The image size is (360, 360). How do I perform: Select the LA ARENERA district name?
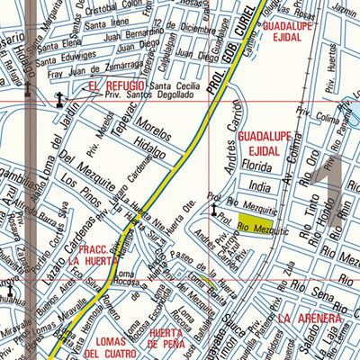pyautogui.click(x=309, y=319)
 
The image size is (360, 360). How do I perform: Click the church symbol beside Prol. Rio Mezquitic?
pyautogui.click(x=215, y=211)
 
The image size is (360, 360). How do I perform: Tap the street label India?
pyautogui.click(x=259, y=187)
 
